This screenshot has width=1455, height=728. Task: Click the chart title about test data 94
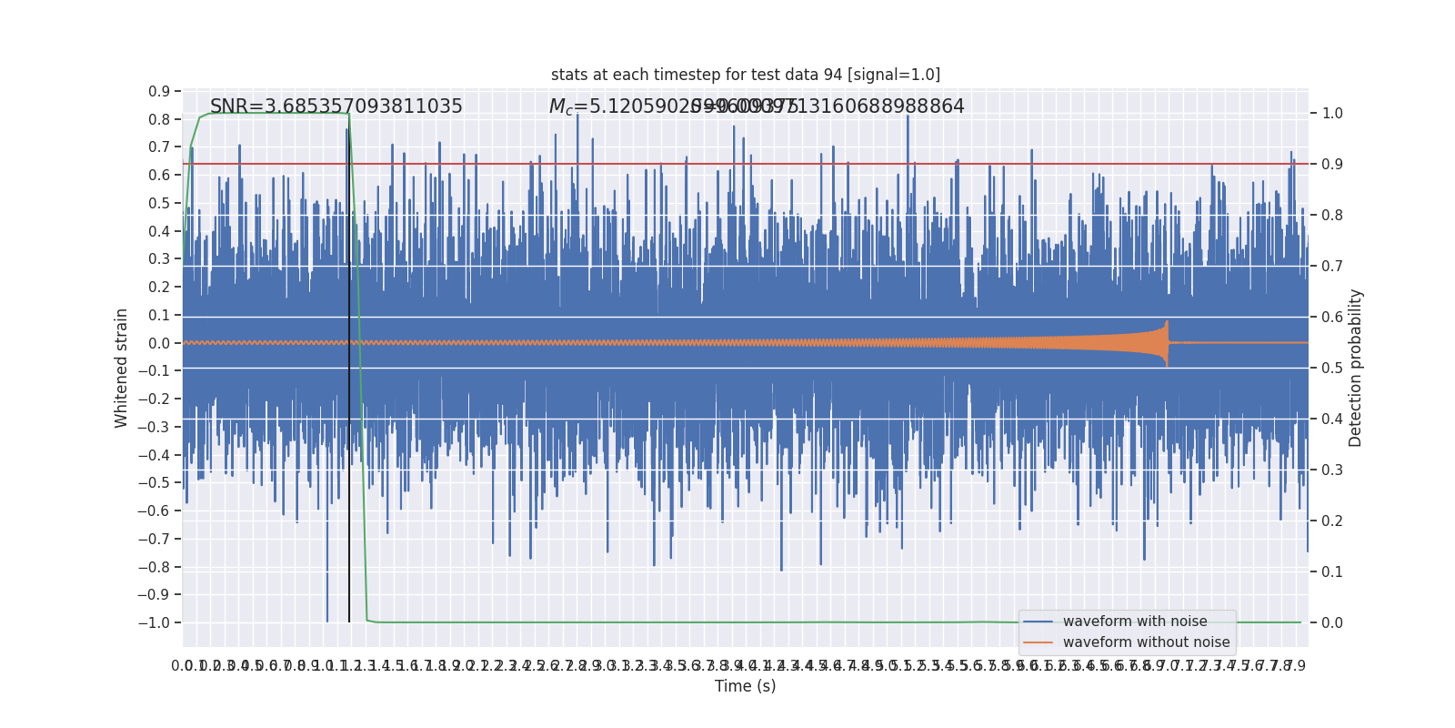(x=745, y=75)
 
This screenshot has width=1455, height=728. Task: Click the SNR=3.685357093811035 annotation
(x=336, y=106)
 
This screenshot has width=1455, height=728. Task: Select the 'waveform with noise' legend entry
(x=1134, y=622)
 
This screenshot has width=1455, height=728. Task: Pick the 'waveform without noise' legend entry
(x=1145, y=642)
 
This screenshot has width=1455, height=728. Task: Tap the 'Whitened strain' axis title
(x=122, y=368)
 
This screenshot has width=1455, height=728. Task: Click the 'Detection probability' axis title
(x=1356, y=368)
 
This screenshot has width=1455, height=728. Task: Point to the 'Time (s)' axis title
(x=745, y=686)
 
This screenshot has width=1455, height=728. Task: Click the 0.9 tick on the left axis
(x=159, y=91)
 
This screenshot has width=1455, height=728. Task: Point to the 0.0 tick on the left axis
(x=159, y=343)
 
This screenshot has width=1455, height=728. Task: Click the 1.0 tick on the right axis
(x=1332, y=114)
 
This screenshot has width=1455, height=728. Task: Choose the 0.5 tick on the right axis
(x=1332, y=369)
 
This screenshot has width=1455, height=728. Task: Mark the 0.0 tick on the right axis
(x=1332, y=622)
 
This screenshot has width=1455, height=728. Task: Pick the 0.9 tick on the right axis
(x=1332, y=165)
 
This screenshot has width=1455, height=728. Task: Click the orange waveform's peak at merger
(x=1167, y=323)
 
